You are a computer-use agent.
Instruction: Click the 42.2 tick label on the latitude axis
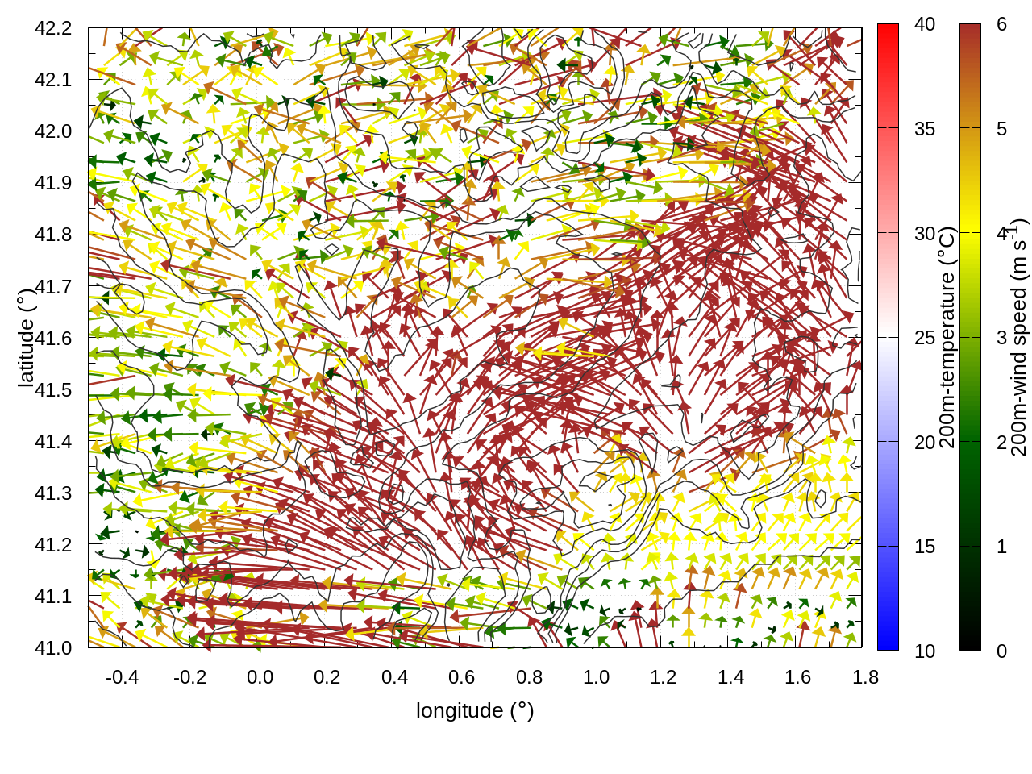pos(53,28)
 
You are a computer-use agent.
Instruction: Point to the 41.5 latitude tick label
pos(53,390)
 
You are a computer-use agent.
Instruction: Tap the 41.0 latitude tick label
pos(53,648)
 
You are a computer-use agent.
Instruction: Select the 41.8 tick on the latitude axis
pos(53,235)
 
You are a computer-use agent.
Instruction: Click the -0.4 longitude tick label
pos(122,677)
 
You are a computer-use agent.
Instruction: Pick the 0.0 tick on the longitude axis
pos(260,677)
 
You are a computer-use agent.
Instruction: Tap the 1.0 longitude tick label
pos(596,677)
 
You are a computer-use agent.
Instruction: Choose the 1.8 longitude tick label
pos(865,677)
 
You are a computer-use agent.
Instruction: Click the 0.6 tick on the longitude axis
pos(461,677)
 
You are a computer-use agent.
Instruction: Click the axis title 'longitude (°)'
pos(475,710)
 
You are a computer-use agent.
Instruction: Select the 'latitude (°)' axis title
pos(26,338)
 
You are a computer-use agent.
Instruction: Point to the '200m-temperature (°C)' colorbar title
pos(947,338)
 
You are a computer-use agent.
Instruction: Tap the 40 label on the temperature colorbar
pos(925,24)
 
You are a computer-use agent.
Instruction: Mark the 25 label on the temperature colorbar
pos(925,338)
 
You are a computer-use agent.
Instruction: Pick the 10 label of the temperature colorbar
pos(925,651)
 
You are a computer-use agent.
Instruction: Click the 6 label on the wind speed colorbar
pos(1001,24)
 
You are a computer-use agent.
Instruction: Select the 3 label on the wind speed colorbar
pos(1001,338)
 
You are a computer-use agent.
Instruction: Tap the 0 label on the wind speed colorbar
pos(1001,651)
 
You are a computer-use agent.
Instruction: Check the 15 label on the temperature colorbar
pos(925,547)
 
